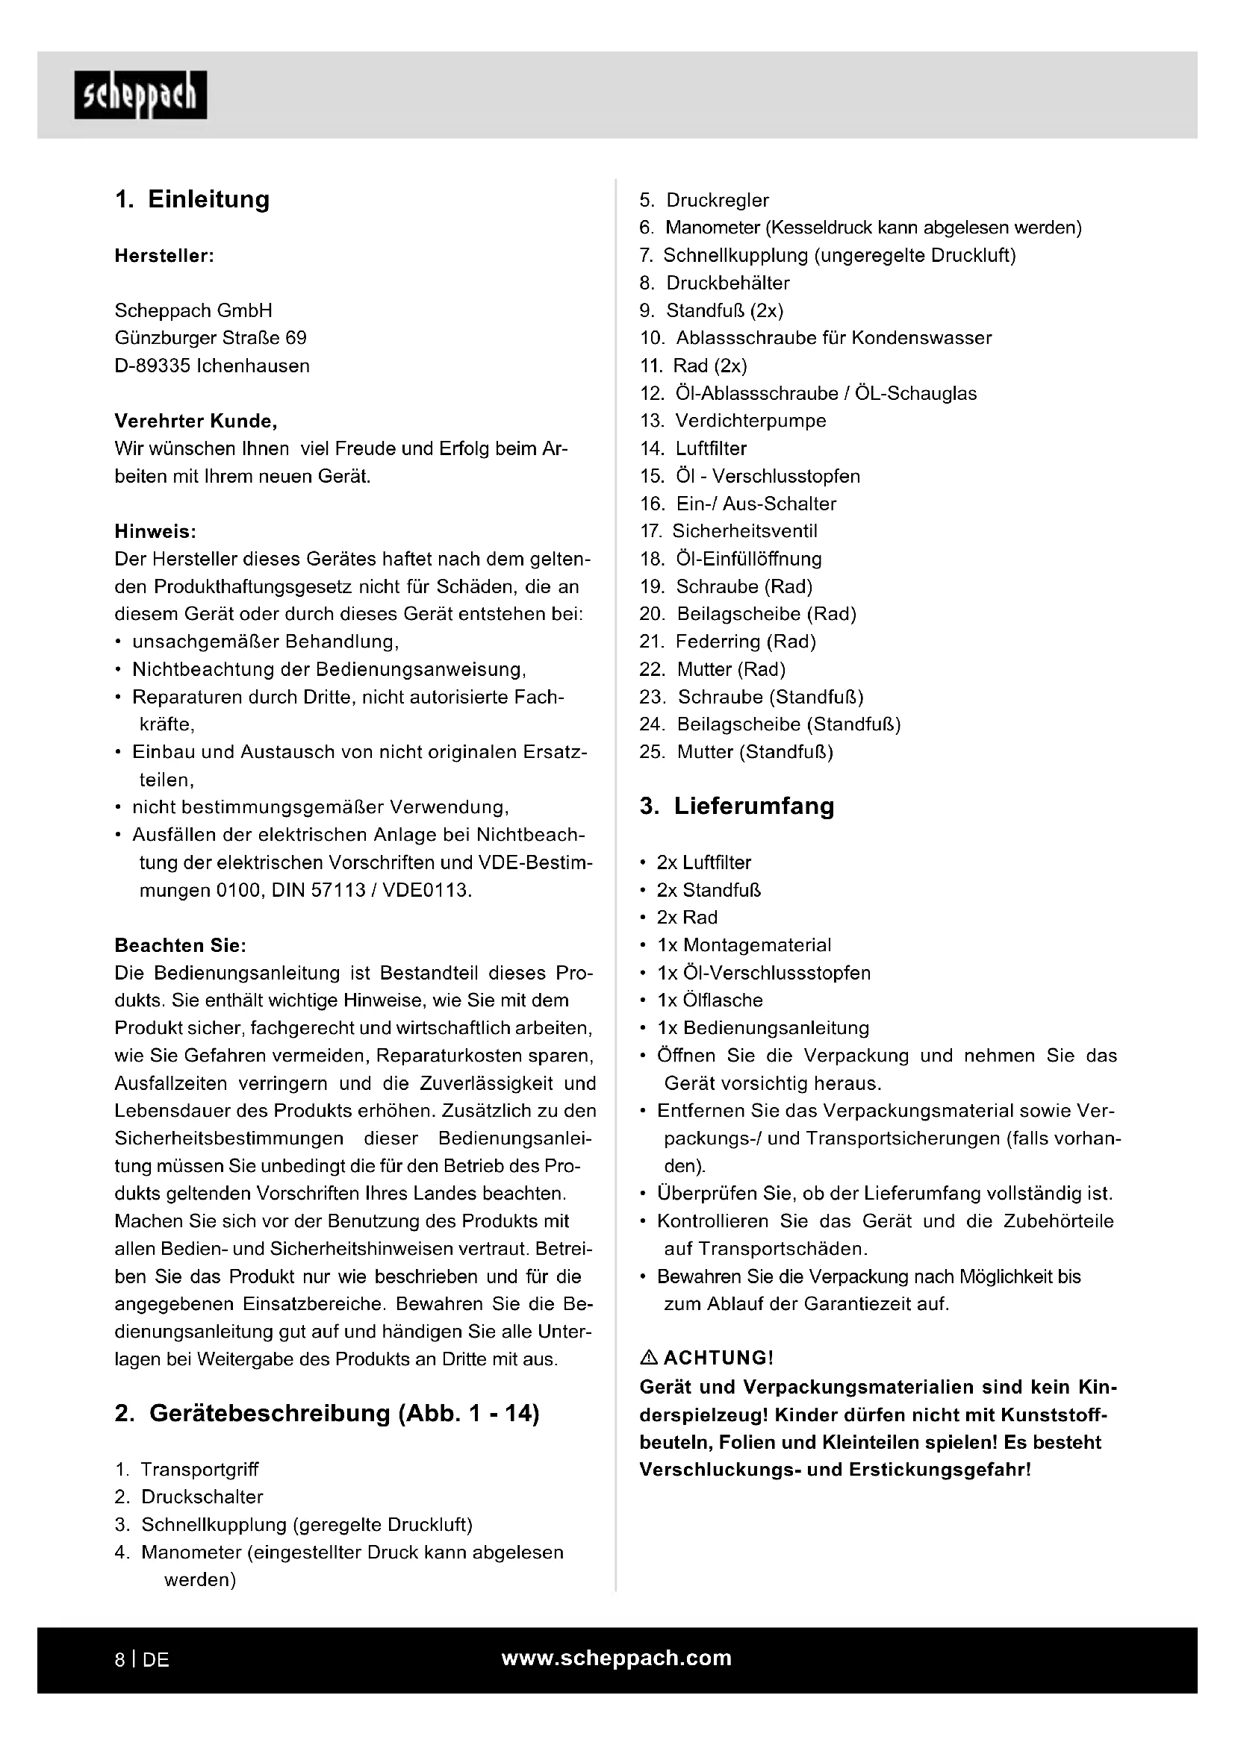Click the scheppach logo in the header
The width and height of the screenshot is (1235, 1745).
click(140, 95)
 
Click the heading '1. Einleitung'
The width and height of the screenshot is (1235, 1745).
click(193, 199)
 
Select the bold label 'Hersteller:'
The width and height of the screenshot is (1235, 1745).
click(164, 256)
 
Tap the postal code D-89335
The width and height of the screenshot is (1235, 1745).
click(152, 366)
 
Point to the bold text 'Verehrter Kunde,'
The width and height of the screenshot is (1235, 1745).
click(196, 421)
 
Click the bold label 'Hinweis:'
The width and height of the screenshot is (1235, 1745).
click(155, 531)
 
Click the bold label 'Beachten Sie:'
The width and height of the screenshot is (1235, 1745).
click(180, 945)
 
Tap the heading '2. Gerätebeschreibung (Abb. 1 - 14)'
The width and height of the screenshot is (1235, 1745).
click(327, 1413)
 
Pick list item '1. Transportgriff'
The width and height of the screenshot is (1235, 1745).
click(187, 1469)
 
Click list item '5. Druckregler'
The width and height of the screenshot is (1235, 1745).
click(704, 201)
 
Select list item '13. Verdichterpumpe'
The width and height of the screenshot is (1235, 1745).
click(733, 421)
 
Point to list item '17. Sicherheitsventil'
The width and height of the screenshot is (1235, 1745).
click(729, 531)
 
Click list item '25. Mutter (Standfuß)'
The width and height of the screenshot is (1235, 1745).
click(736, 752)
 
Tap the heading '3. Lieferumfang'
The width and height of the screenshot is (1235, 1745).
click(736, 806)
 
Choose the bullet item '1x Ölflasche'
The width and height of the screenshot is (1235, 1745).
click(709, 1000)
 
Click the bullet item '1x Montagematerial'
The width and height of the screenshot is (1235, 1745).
click(744, 944)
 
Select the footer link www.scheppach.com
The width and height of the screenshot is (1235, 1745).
click(616, 1658)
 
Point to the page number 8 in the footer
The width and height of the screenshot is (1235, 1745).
click(119, 1660)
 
